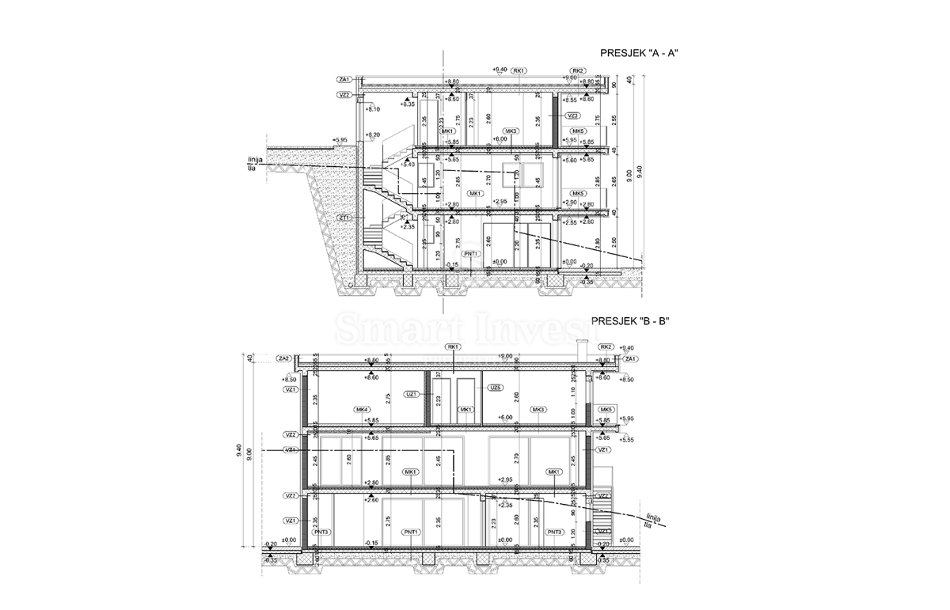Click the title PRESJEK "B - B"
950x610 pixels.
click(x=632, y=321)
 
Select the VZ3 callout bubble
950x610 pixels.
click(x=573, y=116)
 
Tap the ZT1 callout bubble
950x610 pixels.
click(x=344, y=218)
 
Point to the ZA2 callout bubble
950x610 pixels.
click(x=285, y=358)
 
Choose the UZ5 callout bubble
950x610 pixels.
click(x=496, y=388)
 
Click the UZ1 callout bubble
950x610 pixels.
click(x=412, y=393)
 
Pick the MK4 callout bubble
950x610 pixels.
click(x=362, y=409)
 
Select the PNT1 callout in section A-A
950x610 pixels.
click(x=473, y=253)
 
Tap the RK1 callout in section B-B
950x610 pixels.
click(x=454, y=347)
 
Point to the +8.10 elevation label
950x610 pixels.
click(x=374, y=109)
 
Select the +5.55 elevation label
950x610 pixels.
click(x=626, y=439)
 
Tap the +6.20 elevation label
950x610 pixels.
click(x=374, y=135)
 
